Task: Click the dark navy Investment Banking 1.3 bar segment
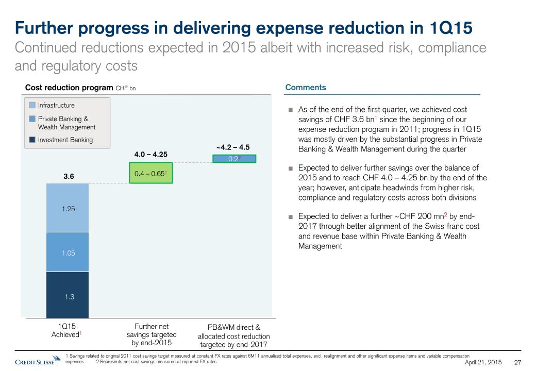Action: (67, 295)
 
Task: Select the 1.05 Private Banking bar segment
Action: (67, 252)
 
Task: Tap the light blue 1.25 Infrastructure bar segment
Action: (67, 208)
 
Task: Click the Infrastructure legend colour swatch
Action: (32, 106)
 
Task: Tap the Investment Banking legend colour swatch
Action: (32, 140)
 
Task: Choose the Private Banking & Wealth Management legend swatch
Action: (32, 119)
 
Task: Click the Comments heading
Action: (306, 88)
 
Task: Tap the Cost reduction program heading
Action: (69, 88)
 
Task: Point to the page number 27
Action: (519, 363)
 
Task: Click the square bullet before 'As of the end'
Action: (291, 110)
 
